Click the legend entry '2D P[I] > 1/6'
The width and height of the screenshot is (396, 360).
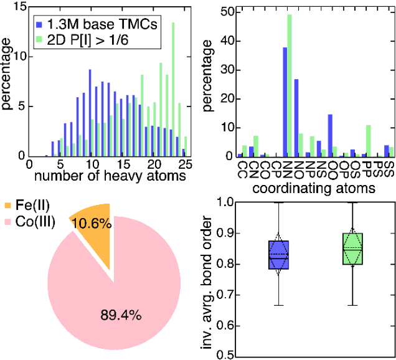[93, 42]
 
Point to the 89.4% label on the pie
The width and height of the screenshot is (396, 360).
[121, 315]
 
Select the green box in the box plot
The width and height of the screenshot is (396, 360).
[352, 249]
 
